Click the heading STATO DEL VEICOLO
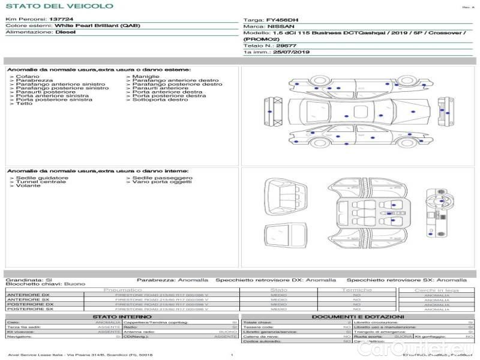tap(59, 6)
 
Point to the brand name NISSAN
tap(281, 27)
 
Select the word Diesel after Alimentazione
tap(65, 32)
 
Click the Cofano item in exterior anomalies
tap(28, 77)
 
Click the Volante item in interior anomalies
tap(27, 186)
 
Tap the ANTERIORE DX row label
tap(28, 295)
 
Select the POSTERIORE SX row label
tap(29, 309)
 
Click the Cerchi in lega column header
tap(436, 290)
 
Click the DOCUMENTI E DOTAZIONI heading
tap(358, 317)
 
